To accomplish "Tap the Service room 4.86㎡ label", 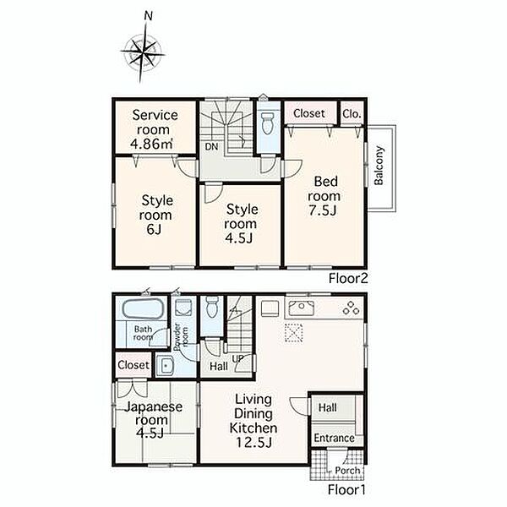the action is (x=155, y=129).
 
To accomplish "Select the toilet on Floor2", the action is (x=268, y=123).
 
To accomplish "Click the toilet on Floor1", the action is (x=212, y=307).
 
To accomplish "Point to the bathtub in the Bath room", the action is (x=144, y=308).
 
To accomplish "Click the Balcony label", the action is (x=379, y=166).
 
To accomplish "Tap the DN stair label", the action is (x=211, y=147).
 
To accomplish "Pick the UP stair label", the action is (x=237, y=358).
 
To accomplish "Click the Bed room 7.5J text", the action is (x=324, y=196).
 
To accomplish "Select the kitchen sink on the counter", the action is (x=301, y=308).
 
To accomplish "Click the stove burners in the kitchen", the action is (x=351, y=308).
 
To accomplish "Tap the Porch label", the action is (x=347, y=470).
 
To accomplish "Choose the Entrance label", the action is (x=334, y=438).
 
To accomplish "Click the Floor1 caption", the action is (x=346, y=489).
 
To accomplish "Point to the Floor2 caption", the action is (x=348, y=278).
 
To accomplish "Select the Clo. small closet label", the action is (x=352, y=114).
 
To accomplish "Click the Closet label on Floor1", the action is (x=134, y=365).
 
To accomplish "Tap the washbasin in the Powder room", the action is (x=165, y=366).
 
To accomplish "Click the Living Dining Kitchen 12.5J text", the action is (x=253, y=421).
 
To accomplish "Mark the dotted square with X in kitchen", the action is (x=293, y=332).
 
